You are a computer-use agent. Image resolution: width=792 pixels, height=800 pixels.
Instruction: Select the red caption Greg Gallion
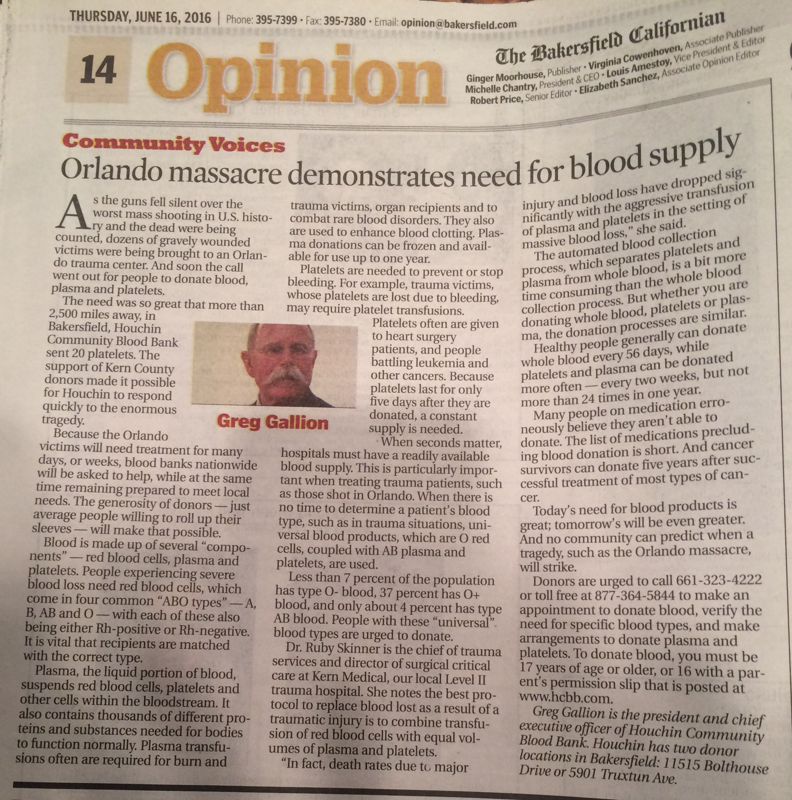272,422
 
